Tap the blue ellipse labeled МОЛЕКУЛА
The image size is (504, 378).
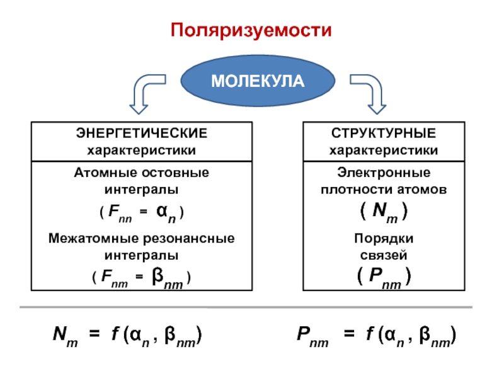pyautogui.click(x=258, y=81)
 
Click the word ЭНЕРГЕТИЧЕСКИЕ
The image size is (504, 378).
pyautogui.click(x=141, y=133)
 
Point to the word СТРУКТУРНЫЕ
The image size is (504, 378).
pyautogui.click(x=384, y=133)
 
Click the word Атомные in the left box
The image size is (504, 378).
pyautogui.click(x=105, y=173)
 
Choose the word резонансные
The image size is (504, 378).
pyautogui.click(x=188, y=239)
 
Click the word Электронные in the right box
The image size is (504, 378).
pyautogui.click(x=384, y=173)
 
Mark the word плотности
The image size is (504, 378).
pyautogui.click(x=357, y=190)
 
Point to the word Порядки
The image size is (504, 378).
pyautogui.click(x=384, y=239)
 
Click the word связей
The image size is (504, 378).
pyautogui.click(x=384, y=256)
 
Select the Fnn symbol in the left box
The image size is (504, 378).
pyautogui.click(x=120, y=213)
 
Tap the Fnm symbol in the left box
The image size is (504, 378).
pyautogui.click(x=114, y=278)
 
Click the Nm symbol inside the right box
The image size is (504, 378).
pyautogui.click(x=385, y=212)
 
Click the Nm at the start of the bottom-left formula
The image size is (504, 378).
pyautogui.click(x=66, y=336)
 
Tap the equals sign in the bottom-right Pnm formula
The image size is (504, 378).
pyautogui.click(x=349, y=334)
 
